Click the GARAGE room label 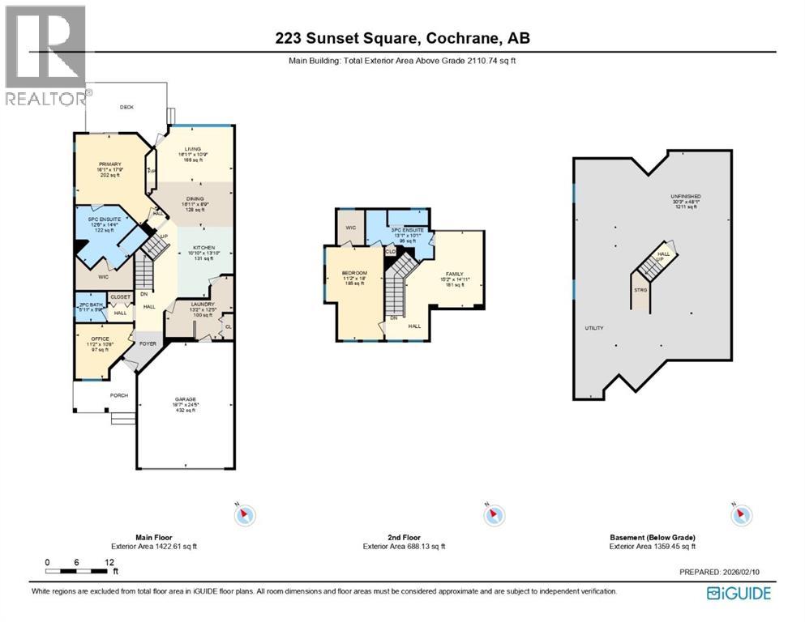pyautogui.click(x=186, y=399)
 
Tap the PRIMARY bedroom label pyautogui.click(x=109, y=162)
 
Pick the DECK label pyautogui.click(x=126, y=107)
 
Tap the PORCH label pyautogui.click(x=119, y=395)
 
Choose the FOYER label pyautogui.click(x=148, y=343)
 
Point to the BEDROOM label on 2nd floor pyautogui.click(x=354, y=273)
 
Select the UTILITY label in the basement pyautogui.click(x=595, y=328)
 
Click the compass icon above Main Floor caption pyautogui.click(x=244, y=514)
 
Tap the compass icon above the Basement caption pyautogui.click(x=740, y=514)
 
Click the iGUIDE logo pyautogui.click(x=739, y=594)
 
